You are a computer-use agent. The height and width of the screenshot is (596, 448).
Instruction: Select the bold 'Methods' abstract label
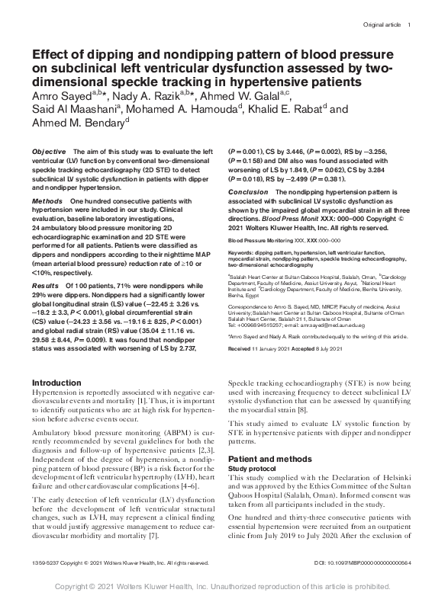(x=47, y=199)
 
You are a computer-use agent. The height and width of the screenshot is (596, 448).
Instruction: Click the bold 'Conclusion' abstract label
(x=248, y=192)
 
